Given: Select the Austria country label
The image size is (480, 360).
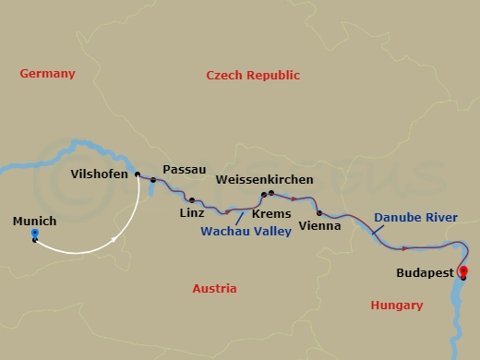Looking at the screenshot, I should (x=214, y=288).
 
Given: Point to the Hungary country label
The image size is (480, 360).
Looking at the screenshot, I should (x=396, y=305).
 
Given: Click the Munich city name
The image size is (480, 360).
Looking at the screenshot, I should (x=35, y=222).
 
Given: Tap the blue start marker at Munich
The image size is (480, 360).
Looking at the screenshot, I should (x=34, y=235).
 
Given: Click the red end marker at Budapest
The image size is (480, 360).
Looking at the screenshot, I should (x=463, y=271).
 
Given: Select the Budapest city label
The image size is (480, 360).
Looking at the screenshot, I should (x=425, y=273).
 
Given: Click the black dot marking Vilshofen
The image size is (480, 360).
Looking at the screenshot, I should (x=138, y=174).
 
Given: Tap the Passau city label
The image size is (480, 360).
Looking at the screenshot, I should (x=180, y=170).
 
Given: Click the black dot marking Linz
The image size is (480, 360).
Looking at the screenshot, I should (x=192, y=199).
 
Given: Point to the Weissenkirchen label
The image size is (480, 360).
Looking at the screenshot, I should (x=264, y=179).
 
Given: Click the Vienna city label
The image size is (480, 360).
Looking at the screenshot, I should (x=320, y=225).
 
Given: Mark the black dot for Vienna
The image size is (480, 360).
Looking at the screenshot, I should (x=318, y=212).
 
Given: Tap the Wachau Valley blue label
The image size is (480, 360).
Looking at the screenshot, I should (x=246, y=231).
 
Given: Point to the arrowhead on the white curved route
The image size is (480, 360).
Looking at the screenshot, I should (x=114, y=239).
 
